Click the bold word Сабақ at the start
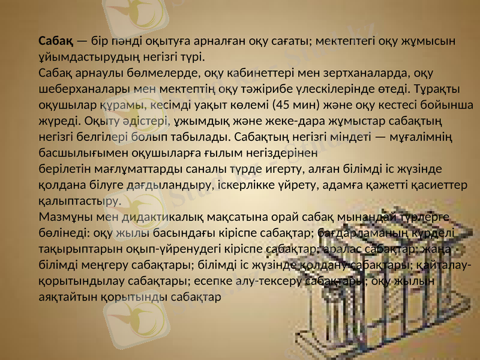(x=56, y=41)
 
